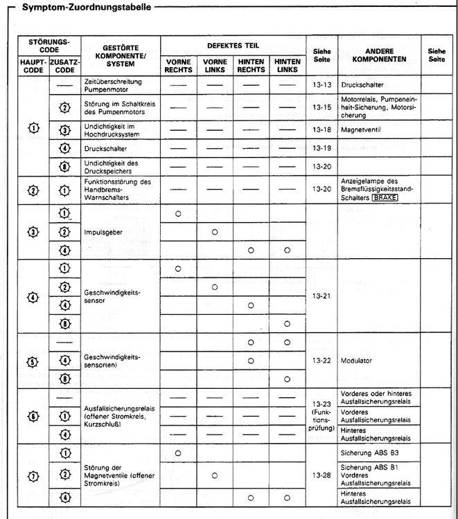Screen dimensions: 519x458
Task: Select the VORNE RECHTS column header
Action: [x=178, y=65]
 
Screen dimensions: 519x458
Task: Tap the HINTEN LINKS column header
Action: [x=286, y=65]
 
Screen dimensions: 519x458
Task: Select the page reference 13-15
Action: [x=322, y=107]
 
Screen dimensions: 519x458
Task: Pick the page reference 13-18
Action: [x=322, y=129]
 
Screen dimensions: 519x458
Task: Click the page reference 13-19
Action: [x=322, y=148]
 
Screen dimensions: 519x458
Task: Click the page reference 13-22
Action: [x=322, y=361]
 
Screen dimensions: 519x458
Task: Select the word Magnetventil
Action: [x=362, y=129]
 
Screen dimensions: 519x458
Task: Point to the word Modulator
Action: [x=358, y=361]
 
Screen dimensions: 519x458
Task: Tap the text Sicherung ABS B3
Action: [x=371, y=453]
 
